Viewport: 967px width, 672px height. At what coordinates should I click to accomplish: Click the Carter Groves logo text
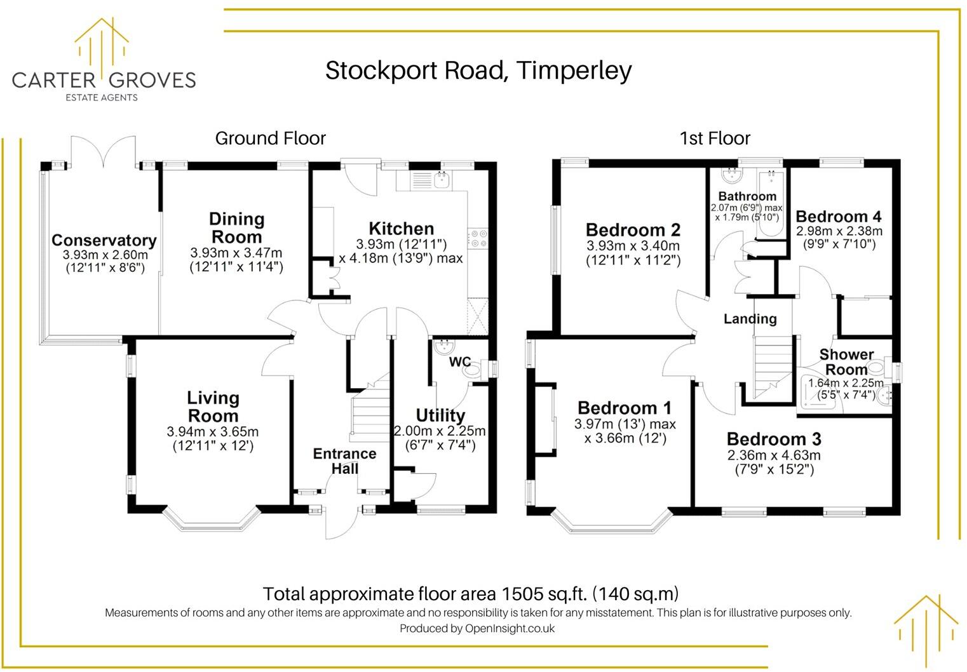(x=104, y=80)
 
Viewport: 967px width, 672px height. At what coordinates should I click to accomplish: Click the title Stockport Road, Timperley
(x=478, y=70)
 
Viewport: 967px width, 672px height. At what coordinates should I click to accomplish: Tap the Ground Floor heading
(x=270, y=138)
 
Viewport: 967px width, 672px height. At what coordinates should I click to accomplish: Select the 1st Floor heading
(x=715, y=138)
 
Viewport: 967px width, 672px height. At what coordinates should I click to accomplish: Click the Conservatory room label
(x=104, y=241)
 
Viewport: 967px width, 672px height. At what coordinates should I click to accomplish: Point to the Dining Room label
(x=236, y=228)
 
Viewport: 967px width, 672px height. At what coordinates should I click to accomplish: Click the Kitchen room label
(x=401, y=229)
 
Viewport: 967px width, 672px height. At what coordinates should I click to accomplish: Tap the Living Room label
(x=213, y=407)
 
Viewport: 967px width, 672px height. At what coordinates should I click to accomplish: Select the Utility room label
(x=440, y=415)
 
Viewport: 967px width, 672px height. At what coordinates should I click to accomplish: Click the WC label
(x=459, y=362)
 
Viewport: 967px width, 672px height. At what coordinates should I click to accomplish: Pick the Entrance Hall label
(x=344, y=461)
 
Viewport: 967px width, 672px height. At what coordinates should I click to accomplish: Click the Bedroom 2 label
(x=633, y=230)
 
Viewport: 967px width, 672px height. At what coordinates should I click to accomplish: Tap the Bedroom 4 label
(x=839, y=217)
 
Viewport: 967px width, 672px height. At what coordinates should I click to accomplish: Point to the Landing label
(x=750, y=319)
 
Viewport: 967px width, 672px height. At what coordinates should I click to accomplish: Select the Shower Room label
(x=846, y=362)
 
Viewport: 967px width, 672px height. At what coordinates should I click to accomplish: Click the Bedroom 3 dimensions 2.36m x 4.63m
(x=773, y=455)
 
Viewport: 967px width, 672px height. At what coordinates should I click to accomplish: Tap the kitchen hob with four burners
(x=478, y=238)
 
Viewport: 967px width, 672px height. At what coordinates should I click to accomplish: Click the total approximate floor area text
(x=470, y=594)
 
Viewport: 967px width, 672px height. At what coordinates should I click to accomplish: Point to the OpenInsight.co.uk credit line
(x=477, y=629)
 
